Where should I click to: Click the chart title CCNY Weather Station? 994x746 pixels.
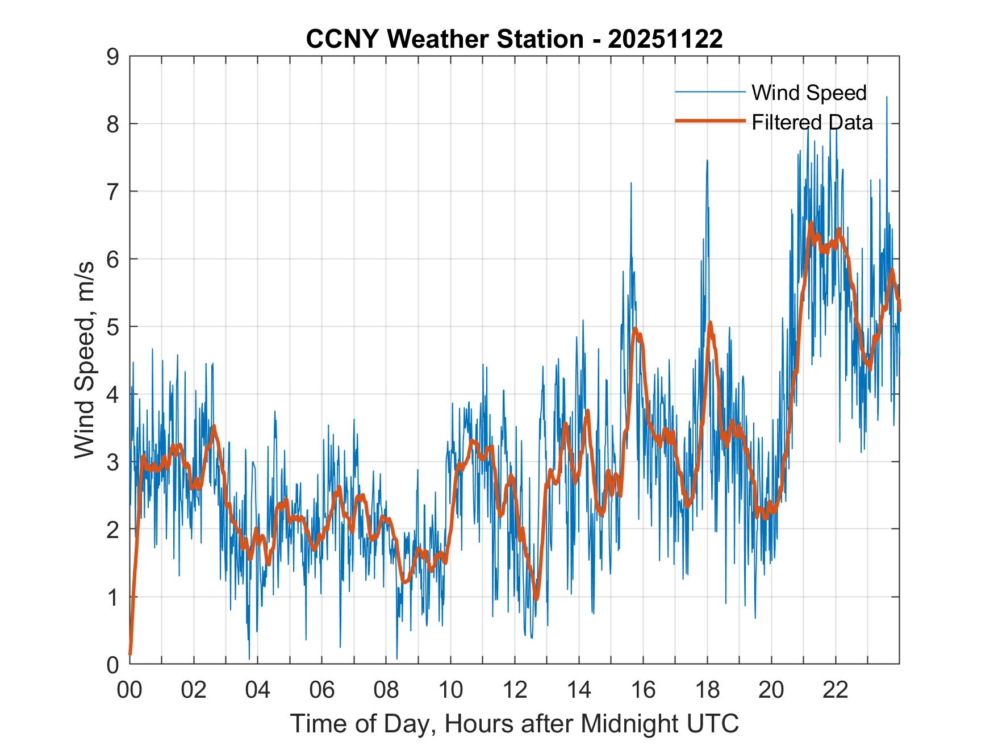(x=444, y=39)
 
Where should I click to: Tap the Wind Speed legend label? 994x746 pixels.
(x=809, y=93)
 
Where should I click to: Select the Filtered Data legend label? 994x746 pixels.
(x=812, y=122)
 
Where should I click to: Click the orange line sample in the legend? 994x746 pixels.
(x=710, y=121)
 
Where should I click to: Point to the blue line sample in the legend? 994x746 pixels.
(x=710, y=92)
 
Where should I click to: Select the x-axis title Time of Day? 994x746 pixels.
(x=514, y=724)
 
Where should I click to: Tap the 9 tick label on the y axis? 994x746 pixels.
(x=112, y=56)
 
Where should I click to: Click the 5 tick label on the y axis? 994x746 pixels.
(x=112, y=327)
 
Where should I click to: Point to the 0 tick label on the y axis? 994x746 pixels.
(x=112, y=664)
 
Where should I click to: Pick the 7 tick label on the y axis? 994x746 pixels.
(x=112, y=191)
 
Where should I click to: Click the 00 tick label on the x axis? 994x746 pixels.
(x=130, y=690)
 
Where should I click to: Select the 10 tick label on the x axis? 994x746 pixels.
(x=450, y=690)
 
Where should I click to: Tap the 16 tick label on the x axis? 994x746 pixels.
(x=643, y=690)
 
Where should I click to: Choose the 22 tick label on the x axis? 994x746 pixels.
(x=836, y=690)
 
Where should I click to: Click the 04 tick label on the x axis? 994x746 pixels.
(x=258, y=690)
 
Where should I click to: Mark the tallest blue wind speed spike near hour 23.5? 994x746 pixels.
(x=887, y=98)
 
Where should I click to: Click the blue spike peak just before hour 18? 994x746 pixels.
(x=707, y=161)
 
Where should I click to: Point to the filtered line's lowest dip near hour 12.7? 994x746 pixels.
(x=536, y=598)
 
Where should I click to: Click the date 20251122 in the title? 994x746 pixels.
(x=665, y=39)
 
